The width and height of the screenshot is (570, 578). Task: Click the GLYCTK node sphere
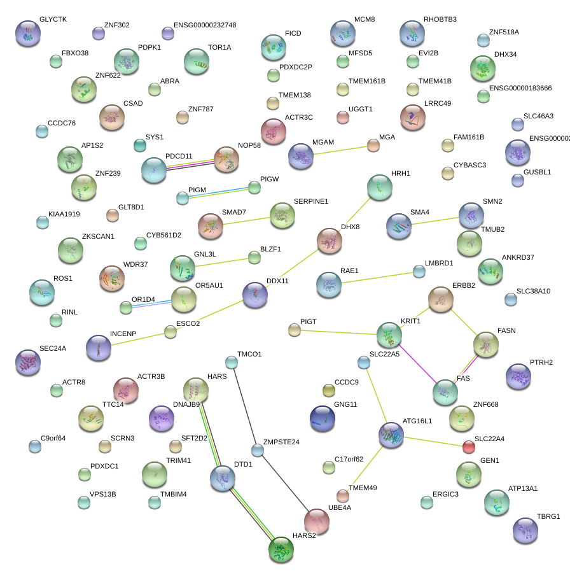pos(28,33)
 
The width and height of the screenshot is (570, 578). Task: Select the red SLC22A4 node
pos(468,446)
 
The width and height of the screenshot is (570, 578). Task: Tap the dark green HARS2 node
pos(281,549)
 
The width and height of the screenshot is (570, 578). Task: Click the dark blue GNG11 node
pos(323,418)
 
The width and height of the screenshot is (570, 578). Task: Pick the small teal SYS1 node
pos(140,145)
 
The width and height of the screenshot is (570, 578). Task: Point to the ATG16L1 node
pos(391,435)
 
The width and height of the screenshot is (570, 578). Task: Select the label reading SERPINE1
pos(311,201)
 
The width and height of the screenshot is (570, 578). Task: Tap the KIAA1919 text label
pos(64,214)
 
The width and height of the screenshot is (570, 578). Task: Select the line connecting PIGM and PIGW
pos(218,192)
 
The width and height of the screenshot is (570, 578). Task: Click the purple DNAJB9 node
pos(161,418)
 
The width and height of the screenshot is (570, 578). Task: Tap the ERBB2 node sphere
pos(441,299)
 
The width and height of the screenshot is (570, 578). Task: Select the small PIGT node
pos(294,329)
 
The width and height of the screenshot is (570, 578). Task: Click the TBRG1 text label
pos(548,516)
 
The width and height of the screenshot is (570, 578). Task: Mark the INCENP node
pos(99,347)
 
